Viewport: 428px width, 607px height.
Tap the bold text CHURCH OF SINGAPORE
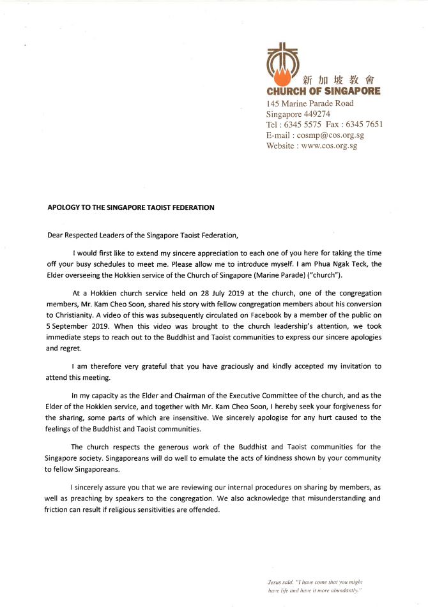[x=323, y=91]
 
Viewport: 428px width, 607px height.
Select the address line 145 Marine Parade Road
[x=309, y=103]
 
